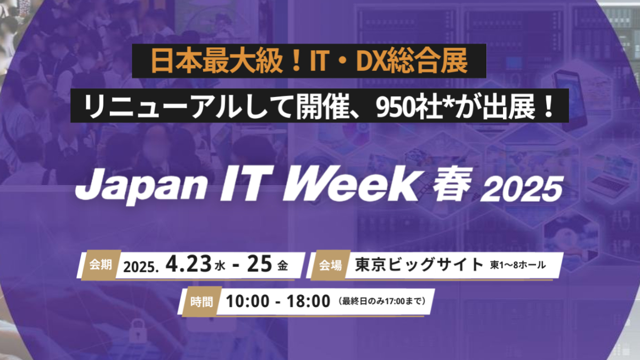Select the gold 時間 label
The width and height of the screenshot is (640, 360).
[x=202, y=301]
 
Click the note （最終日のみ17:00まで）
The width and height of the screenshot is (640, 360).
[x=382, y=302]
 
